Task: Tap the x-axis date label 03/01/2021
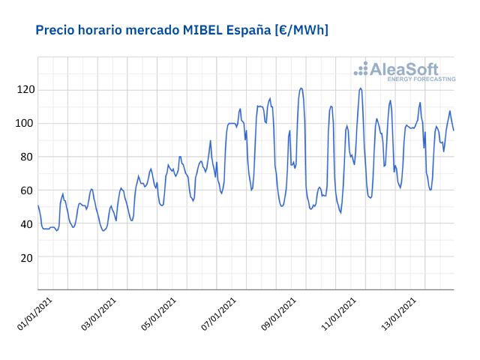tap(99, 313)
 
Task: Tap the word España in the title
tap(250, 30)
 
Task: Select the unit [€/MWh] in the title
tap(302, 30)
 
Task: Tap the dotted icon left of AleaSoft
tap(361, 69)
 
